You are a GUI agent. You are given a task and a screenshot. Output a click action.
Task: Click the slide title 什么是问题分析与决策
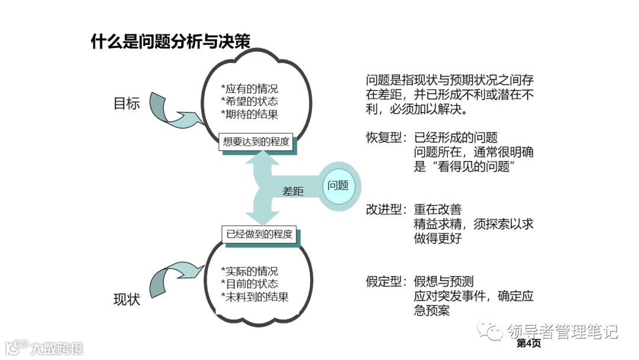coord(170,41)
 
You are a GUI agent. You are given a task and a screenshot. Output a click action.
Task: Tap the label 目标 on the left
coord(127,104)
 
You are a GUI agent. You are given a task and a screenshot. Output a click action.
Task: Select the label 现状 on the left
coord(127,300)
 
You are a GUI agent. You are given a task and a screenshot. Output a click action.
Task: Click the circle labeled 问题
coord(338,185)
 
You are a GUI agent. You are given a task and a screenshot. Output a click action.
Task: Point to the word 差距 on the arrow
coord(293,191)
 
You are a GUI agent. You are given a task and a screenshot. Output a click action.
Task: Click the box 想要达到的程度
coord(256,142)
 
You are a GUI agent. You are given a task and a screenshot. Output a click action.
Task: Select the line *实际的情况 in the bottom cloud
coord(248,271)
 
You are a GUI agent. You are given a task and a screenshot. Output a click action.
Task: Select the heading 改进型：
coord(386,210)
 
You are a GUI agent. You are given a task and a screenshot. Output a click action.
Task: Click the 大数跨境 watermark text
coord(57,348)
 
